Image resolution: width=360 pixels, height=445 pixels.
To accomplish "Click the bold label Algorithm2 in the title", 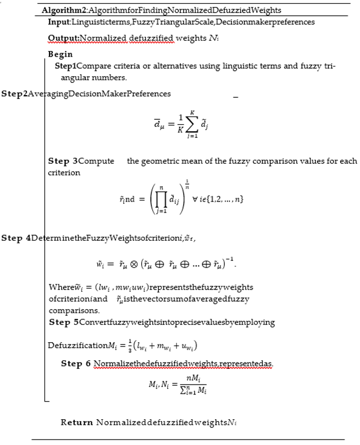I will tap(62, 10).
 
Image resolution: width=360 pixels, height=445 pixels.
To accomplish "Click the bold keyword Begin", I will tap(60, 54).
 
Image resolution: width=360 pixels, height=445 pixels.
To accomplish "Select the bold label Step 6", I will tap(75, 364).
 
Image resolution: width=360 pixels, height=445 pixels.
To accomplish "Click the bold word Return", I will tap(76, 422).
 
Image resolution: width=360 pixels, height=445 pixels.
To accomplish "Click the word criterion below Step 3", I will tap(64, 173).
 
